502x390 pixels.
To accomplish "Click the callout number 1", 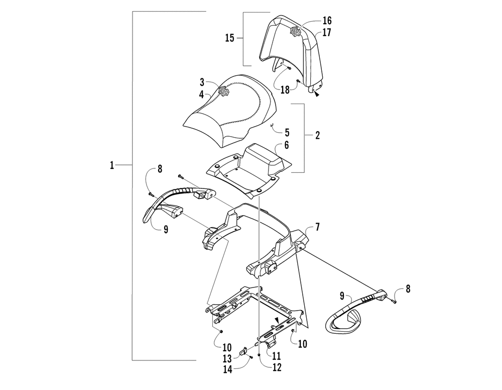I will click(x=112, y=165).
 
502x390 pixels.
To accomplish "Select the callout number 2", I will click(x=318, y=135).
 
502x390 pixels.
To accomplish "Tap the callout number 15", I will click(x=230, y=38).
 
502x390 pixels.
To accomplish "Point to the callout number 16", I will click(x=327, y=21).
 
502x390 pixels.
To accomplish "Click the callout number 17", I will click(x=327, y=33).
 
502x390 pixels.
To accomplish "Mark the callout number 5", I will click(x=287, y=133).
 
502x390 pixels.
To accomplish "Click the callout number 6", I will click(x=287, y=145).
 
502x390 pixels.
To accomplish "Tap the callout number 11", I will click(x=276, y=356).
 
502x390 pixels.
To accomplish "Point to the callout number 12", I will click(x=276, y=367).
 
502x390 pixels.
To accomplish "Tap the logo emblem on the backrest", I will click(x=295, y=30).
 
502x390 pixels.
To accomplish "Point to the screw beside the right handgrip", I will click(x=393, y=301).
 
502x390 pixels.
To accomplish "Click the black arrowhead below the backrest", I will click(x=317, y=94).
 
